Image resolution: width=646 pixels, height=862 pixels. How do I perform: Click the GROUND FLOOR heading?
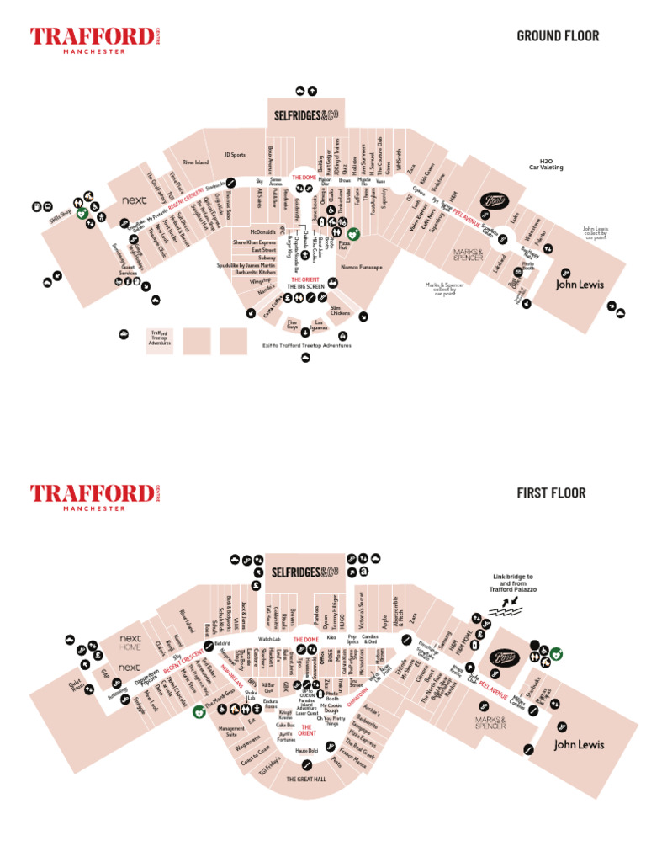(558, 35)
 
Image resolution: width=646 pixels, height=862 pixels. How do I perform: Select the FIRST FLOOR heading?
(551, 492)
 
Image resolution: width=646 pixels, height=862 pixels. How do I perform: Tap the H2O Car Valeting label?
(546, 165)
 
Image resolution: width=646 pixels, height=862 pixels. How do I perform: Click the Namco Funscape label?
(362, 267)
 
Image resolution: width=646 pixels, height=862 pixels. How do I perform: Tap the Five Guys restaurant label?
(292, 324)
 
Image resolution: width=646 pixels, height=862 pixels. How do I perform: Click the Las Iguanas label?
(320, 324)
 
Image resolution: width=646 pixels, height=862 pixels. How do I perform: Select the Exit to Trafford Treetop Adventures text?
(306, 345)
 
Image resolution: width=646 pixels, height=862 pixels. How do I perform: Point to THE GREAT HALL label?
(305, 780)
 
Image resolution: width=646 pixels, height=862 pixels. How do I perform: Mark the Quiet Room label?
(79, 689)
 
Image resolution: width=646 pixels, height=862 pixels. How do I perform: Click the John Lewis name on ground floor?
(580, 285)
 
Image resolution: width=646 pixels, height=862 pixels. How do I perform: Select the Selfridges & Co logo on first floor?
(304, 572)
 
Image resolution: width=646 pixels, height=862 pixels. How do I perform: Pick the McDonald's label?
(263, 231)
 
